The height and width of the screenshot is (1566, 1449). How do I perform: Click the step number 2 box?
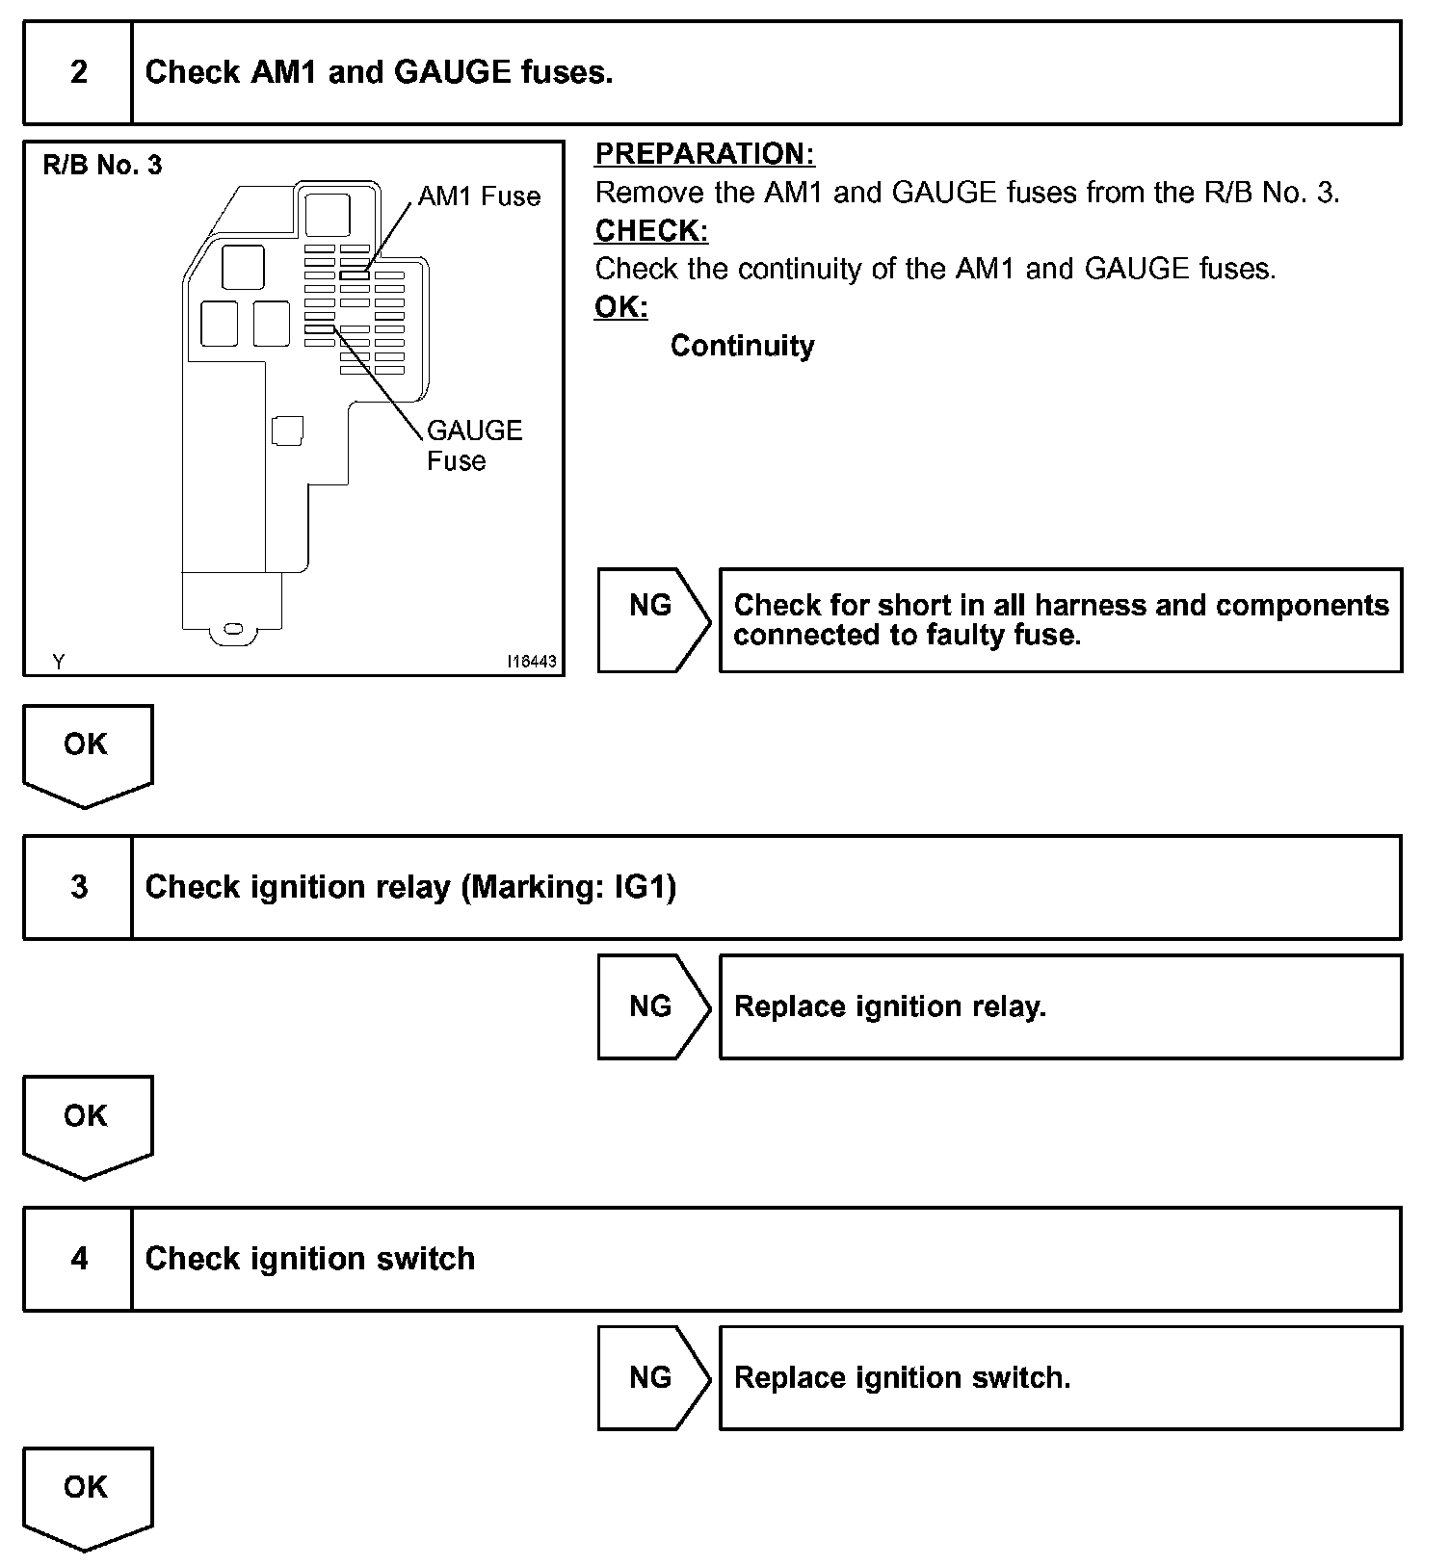(78, 73)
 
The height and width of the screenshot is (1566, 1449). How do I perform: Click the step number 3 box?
(78, 887)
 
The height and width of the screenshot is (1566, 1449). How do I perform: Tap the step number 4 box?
(78, 1259)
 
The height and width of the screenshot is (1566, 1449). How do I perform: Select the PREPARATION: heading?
(704, 154)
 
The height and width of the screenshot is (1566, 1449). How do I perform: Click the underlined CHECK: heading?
(651, 231)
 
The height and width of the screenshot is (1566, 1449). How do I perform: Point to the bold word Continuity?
(742, 346)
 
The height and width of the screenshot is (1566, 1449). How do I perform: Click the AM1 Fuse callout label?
(479, 196)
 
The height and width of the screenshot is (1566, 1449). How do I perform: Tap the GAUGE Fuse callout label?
(474, 445)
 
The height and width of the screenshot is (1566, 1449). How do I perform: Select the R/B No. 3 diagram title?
(102, 166)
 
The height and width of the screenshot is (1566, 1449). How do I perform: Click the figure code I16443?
(532, 662)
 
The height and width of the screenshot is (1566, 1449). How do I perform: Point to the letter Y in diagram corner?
(59, 662)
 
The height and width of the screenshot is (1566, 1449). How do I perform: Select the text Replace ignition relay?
(889, 1006)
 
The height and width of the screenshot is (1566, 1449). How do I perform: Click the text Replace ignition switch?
(902, 1378)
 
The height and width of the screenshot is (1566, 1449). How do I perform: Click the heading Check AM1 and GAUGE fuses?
(379, 73)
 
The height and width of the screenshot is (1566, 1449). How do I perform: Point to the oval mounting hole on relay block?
(233, 629)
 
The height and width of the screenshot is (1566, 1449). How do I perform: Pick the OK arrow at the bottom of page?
(87, 1496)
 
